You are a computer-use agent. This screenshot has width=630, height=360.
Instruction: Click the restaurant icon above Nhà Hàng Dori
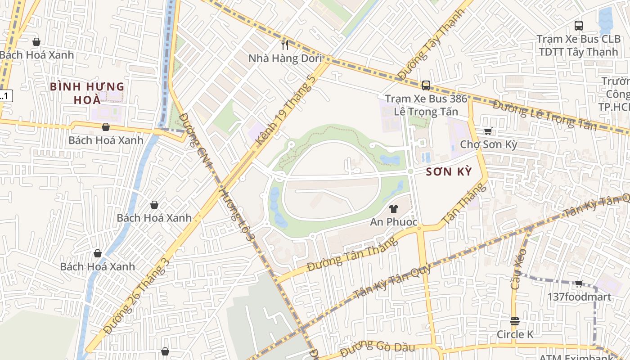click(x=284, y=44)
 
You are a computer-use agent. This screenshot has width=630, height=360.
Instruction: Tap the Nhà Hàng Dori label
click(x=285, y=58)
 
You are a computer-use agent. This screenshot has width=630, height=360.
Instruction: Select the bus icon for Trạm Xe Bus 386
click(x=426, y=85)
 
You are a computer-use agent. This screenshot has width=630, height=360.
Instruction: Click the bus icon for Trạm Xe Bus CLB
click(x=579, y=26)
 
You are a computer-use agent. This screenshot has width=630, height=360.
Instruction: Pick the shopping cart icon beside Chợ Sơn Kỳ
click(x=488, y=131)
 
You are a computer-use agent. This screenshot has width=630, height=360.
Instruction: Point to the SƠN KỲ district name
click(x=449, y=171)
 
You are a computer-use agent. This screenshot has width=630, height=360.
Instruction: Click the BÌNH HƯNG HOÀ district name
click(x=87, y=93)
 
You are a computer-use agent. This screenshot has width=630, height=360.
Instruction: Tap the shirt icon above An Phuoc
click(x=394, y=208)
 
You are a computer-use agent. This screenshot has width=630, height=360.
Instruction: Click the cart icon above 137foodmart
click(x=579, y=283)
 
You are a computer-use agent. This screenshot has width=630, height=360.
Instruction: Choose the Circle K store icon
click(x=515, y=321)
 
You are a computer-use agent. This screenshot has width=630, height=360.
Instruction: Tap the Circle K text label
click(x=515, y=334)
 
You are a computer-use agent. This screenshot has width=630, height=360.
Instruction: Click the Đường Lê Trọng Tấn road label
click(x=545, y=116)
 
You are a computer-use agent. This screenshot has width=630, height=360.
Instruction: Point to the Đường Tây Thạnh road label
click(x=431, y=45)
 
